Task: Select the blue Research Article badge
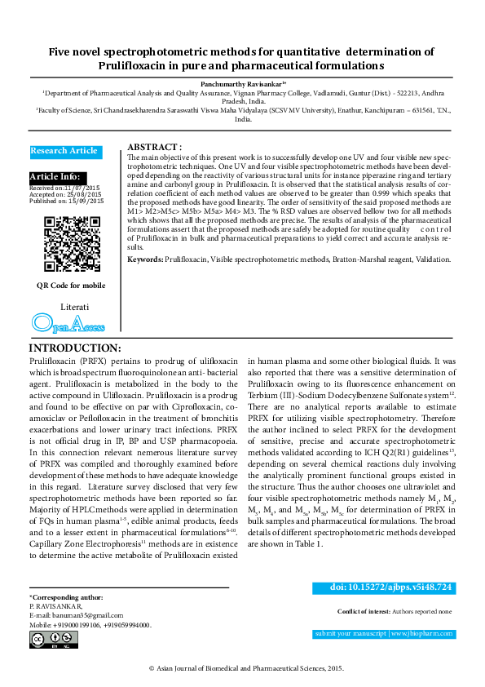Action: click(x=65, y=151)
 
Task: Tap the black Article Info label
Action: click(x=55, y=177)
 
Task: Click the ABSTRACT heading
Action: click(x=155, y=146)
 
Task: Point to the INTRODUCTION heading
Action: click(x=75, y=348)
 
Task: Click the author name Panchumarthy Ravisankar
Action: click(x=243, y=84)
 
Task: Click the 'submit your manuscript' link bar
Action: click(x=384, y=634)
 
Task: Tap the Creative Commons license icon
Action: click(x=42, y=640)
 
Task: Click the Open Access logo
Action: click(x=68, y=325)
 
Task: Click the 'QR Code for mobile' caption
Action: click(x=71, y=286)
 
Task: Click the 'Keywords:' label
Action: click(x=145, y=259)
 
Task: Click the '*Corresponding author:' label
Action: click(x=66, y=598)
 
